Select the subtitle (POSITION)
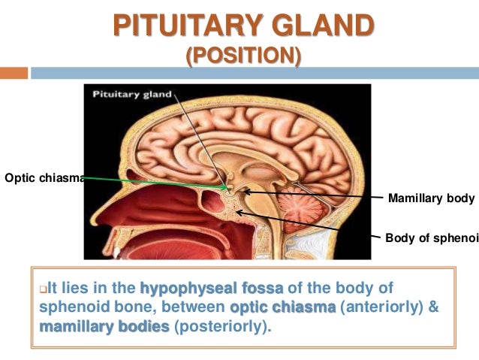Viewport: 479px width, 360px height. (x=243, y=56)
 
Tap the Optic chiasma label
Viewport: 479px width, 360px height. (x=41, y=179)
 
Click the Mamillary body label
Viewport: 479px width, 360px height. (x=431, y=198)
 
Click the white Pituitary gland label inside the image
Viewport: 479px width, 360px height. (x=132, y=95)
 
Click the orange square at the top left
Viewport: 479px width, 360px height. (x=14, y=73)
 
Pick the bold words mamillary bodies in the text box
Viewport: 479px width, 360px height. (x=83, y=327)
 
